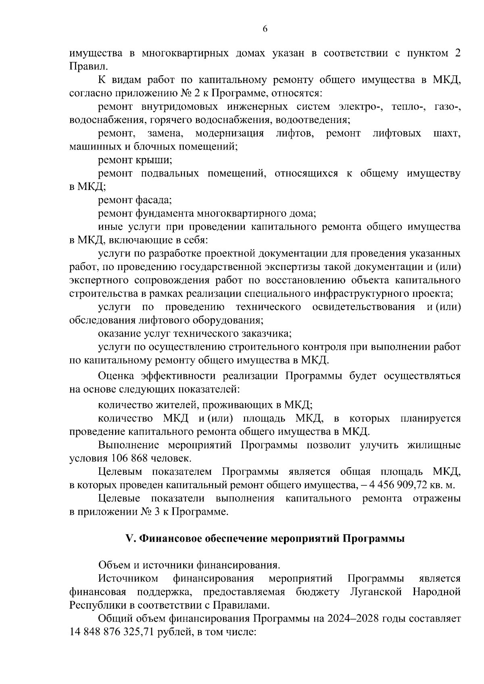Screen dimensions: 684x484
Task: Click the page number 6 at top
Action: pos(265,29)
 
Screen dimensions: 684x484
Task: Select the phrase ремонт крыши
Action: pos(135,160)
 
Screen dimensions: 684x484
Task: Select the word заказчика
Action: pos(266,334)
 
